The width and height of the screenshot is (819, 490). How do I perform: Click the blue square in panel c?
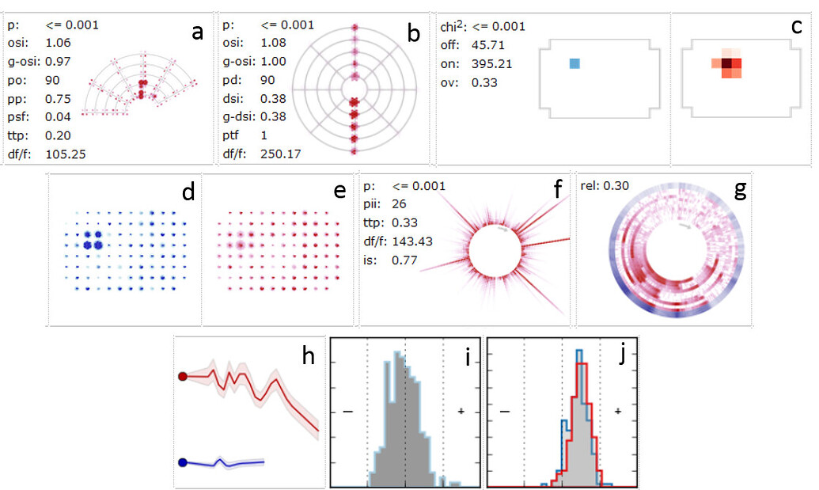pyautogui.click(x=574, y=63)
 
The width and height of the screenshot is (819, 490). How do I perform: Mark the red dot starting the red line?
pyautogui.click(x=183, y=377)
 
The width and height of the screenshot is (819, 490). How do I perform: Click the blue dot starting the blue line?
pyautogui.click(x=183, y=462)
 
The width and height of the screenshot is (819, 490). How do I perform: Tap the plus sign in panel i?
pyautogui.click(x=461, y=411)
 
